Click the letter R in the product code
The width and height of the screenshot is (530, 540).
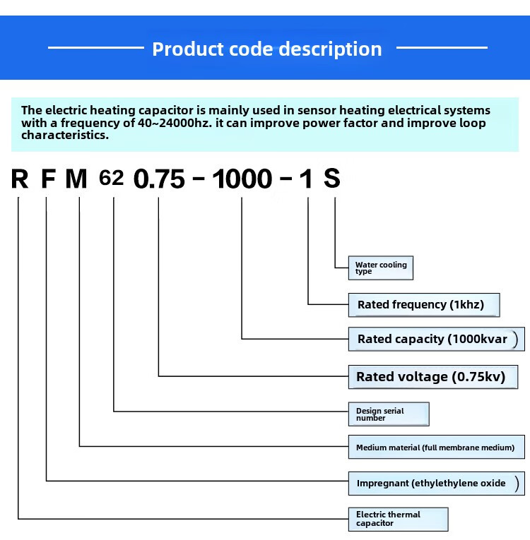[20, 179]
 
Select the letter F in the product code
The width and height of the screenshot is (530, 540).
[47, 179]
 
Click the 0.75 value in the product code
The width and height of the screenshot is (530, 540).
[159, 179]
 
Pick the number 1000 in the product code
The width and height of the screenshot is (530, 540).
[242, 179]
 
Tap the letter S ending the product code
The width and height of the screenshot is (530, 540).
[332, 179]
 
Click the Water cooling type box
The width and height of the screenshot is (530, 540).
[381, 268]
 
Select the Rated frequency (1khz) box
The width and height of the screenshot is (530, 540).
[424, 305]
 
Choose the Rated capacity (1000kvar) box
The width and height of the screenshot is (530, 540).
[437, 339]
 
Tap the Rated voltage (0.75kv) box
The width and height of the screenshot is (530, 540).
[437, 376]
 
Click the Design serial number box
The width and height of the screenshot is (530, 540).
[389, 414]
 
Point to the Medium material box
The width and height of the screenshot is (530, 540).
[437, 448]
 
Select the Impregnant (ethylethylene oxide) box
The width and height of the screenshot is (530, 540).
[437, 484]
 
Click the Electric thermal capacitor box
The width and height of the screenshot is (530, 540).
[399, 519]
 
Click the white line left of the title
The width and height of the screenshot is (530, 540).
[95, 48]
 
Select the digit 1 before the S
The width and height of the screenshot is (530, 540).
[306, 179]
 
